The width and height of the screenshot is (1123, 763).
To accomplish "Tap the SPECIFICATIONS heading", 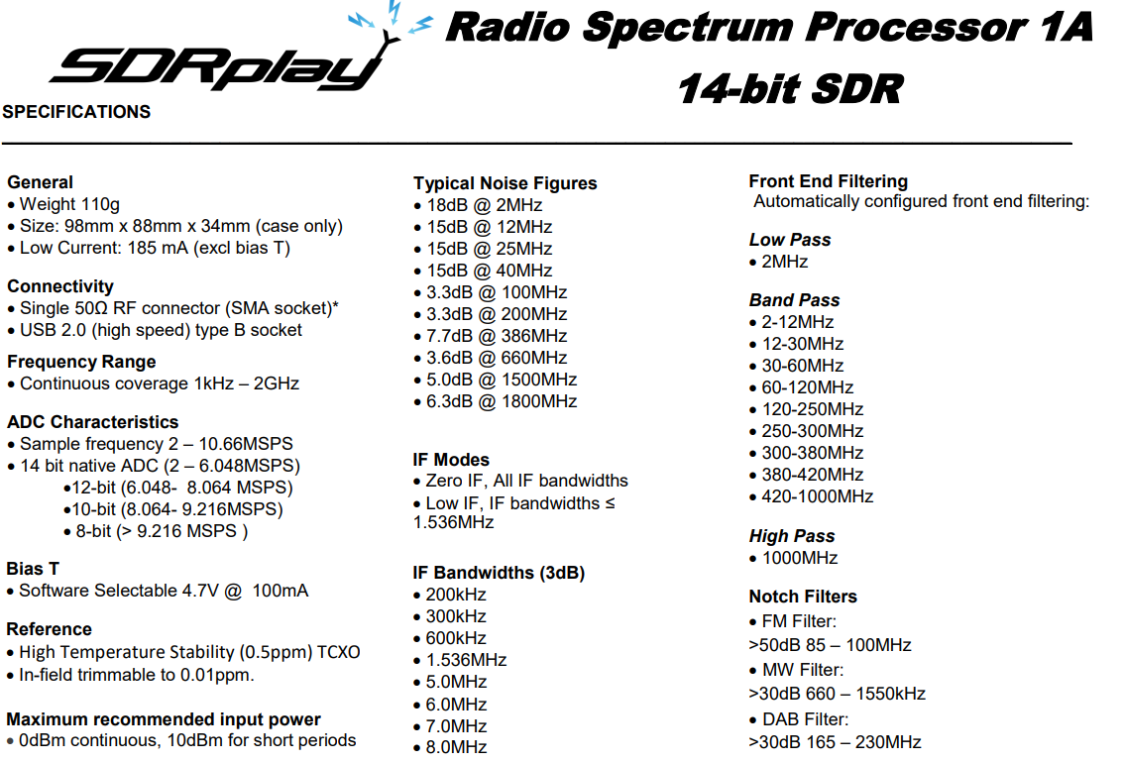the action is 76,112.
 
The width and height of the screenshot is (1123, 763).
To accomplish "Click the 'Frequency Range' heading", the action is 81,362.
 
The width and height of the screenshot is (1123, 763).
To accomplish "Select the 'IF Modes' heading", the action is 451,460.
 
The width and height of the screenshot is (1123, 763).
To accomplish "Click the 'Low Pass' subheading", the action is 790,240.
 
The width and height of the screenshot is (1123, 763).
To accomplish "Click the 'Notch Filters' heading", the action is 803,597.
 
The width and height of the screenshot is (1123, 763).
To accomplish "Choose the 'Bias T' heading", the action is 33,569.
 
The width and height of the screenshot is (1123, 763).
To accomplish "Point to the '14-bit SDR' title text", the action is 791,89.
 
